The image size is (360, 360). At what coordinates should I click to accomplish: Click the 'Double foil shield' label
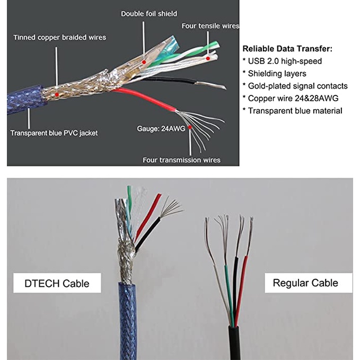point(149,13)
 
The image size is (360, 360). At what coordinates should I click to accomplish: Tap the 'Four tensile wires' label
point(210,25)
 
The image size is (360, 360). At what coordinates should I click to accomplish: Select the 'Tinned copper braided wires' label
point(59,37)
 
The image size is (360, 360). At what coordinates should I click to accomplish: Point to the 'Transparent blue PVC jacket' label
point(54,133)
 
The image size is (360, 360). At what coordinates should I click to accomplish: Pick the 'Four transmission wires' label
point(181,160)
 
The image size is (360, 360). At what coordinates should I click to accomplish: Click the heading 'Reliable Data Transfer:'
point(287,49)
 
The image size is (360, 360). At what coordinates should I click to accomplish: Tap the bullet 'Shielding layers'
point(274,73)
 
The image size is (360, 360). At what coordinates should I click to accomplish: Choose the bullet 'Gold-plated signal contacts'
point(295,86)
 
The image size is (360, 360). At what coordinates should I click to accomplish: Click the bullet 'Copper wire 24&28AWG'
point(286,98)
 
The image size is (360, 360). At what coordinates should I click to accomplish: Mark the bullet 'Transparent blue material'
point(292,111)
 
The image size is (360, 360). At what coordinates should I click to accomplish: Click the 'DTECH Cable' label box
point(57,283)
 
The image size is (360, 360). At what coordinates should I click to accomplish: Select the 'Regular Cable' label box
point(305,283)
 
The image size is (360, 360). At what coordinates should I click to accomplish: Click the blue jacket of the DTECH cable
point(128,323)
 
